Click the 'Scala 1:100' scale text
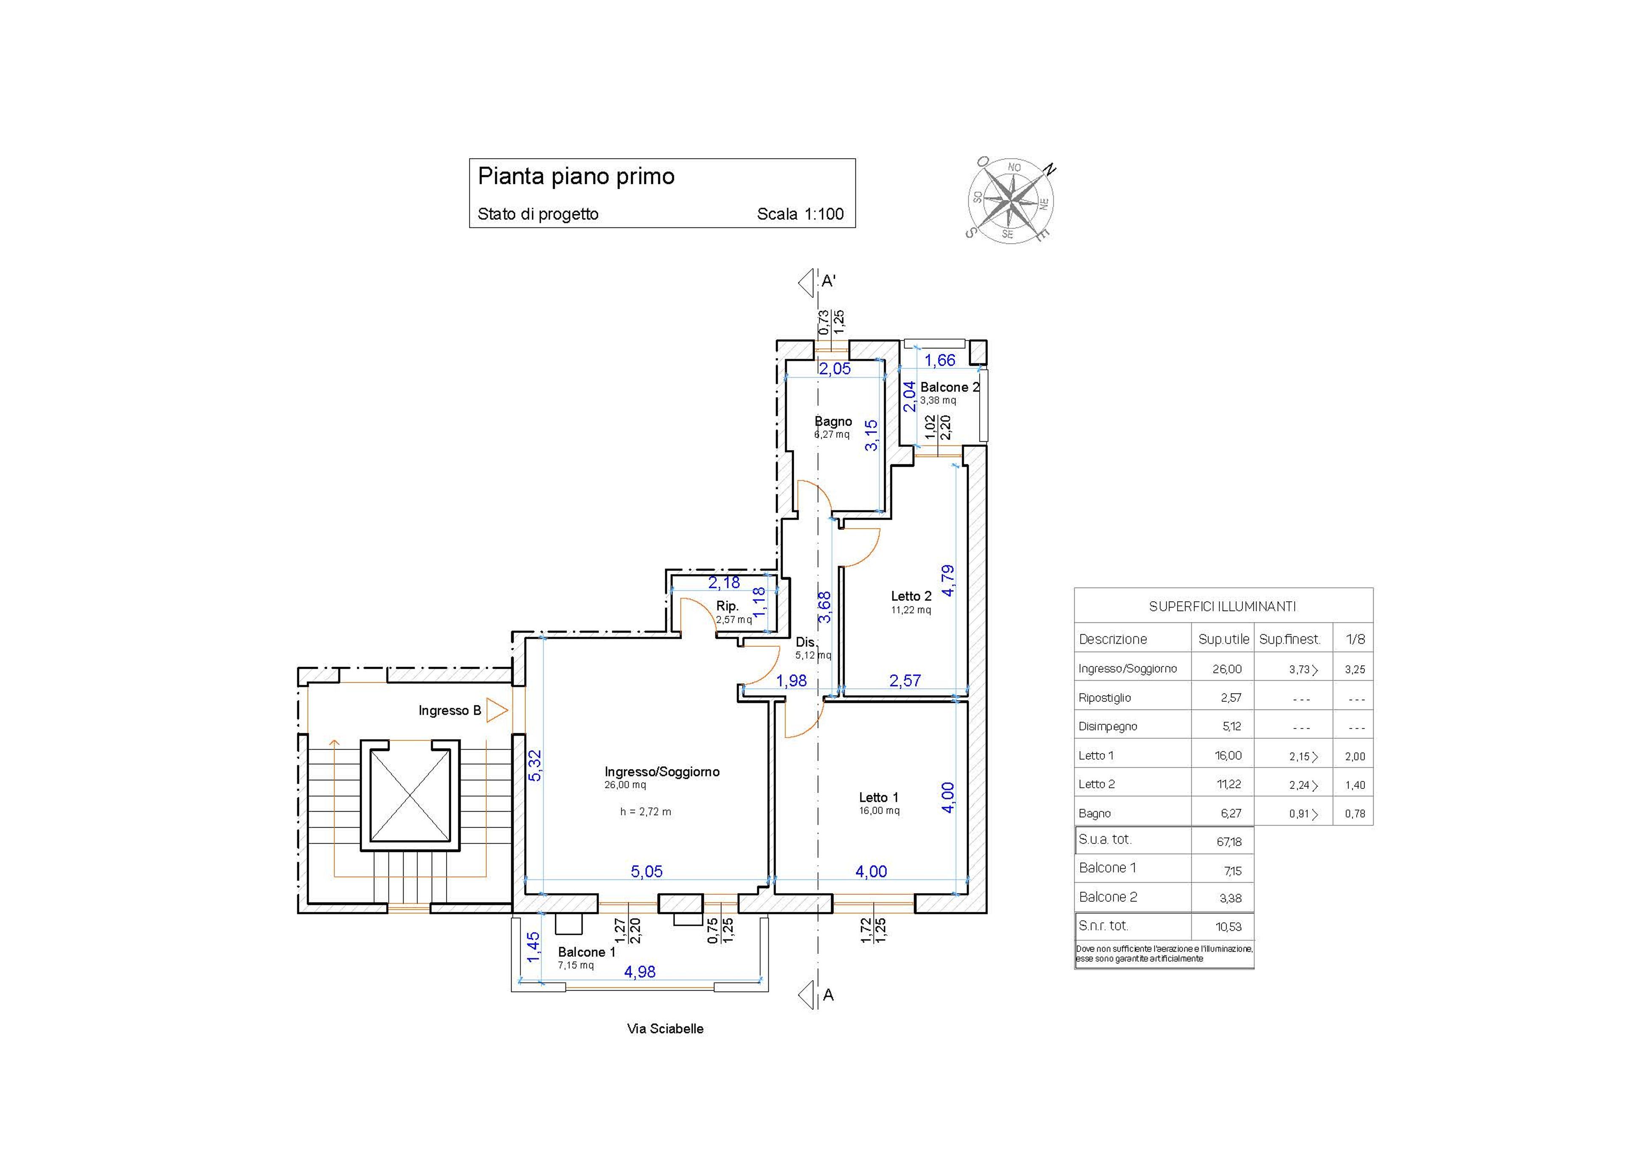800,214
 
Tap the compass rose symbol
1011,198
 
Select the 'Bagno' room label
833,422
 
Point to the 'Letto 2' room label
911,596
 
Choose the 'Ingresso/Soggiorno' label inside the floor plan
662,771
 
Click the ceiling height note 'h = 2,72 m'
645,811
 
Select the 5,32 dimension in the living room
535,766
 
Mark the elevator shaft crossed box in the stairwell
410,795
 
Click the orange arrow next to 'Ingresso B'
497,711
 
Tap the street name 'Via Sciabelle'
665,1029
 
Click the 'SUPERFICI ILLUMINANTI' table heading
1222,607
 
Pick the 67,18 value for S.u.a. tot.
1229,842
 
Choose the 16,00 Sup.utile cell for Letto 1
1228,756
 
